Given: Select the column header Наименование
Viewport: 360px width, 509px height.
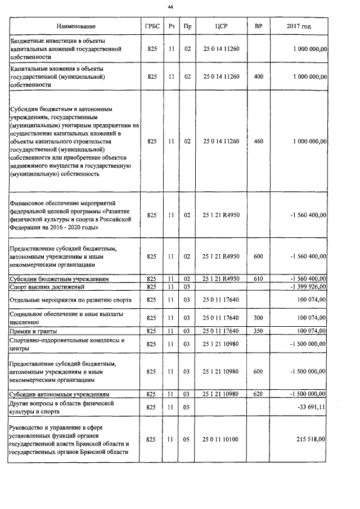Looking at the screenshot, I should point(76,26).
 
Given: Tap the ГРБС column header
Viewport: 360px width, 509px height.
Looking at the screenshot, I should point(152,26).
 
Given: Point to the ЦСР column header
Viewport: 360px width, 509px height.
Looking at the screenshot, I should point(221,26).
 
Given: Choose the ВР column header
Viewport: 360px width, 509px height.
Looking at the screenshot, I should point(258,26).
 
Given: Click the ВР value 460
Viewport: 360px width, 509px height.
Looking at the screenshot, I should point(258,142).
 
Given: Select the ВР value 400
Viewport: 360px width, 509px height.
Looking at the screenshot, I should point(258,76).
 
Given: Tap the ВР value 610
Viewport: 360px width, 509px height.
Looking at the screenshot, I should point(258,279).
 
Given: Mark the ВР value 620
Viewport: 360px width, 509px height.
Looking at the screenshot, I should point(258,394).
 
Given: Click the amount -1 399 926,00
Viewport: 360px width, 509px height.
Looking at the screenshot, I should point(308,287).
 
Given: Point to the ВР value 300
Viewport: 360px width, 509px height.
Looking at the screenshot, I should point(258,318).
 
